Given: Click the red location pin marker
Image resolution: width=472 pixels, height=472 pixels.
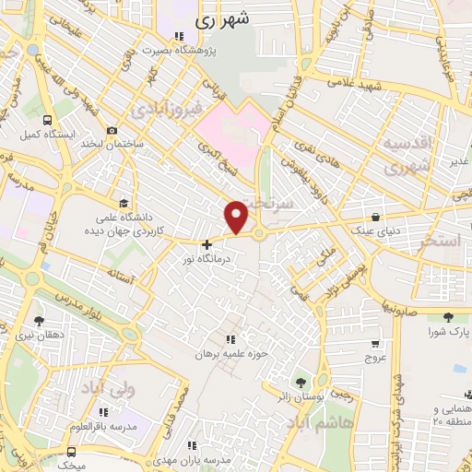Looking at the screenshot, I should tap(237, 216).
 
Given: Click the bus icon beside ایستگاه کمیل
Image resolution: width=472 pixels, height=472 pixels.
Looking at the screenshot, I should tap(47, 120).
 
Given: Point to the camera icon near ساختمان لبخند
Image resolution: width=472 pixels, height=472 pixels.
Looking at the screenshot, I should tap(112, 131).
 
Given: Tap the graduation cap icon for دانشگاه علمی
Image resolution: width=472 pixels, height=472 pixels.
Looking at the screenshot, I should tap(124, 204).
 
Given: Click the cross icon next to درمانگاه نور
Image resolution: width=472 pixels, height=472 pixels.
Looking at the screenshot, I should tap(206, 244).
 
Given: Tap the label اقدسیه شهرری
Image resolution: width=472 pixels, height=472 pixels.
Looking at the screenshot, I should tap(407, 155).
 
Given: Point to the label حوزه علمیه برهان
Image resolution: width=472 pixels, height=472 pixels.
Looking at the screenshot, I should tap(230, 354).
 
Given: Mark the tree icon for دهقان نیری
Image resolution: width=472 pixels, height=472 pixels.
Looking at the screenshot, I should tap(38, 321).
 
